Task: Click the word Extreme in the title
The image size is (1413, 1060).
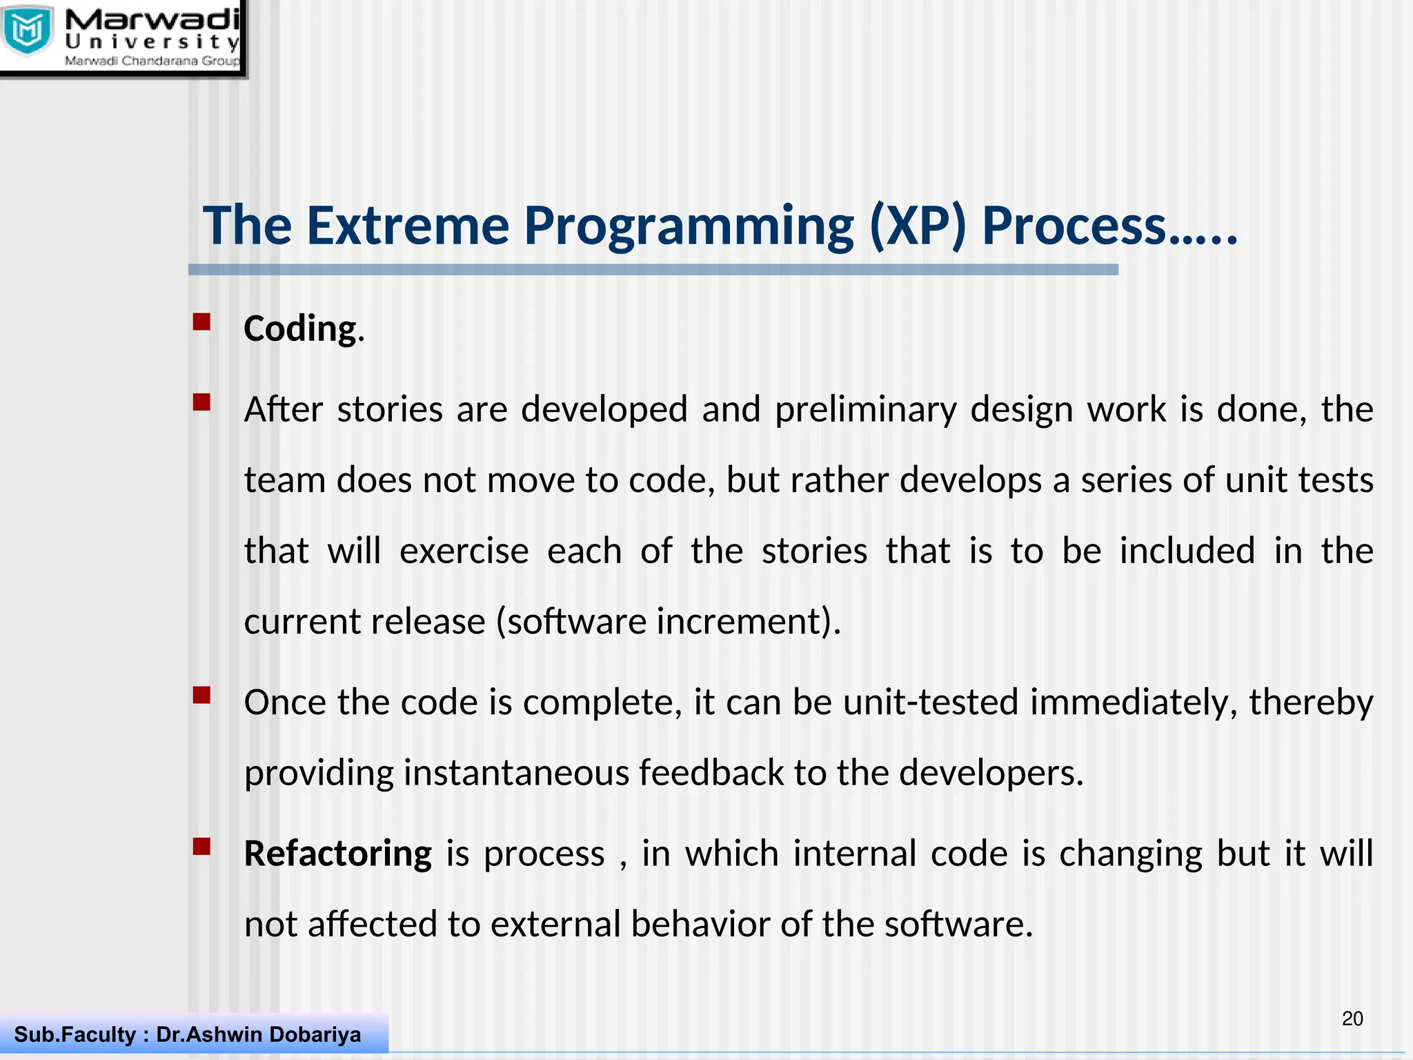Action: click(x=408, y=226)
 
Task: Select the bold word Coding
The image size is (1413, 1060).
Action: click(x=300, y=328)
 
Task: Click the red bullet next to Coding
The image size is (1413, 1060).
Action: click(x=201, y=322)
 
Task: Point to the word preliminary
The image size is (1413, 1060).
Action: click(x=865, y=409)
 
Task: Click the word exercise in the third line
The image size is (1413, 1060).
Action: click(x=464, y=551)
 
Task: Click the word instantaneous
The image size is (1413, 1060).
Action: click(x=516, y=772)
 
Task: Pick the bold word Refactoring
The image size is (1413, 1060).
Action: click(x=338, y=854)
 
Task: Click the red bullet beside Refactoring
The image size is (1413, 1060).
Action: click(x=201, y=847)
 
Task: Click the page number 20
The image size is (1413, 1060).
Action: click(x=1352, y=1019)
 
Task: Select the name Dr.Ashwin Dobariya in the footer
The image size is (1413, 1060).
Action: click(x=259, y=1034)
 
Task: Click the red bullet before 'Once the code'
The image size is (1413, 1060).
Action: click(x=201, y=695)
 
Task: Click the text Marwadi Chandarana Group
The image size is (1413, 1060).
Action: click(x=152, y=61)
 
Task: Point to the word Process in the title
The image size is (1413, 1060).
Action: click(x=1074, y=226)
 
